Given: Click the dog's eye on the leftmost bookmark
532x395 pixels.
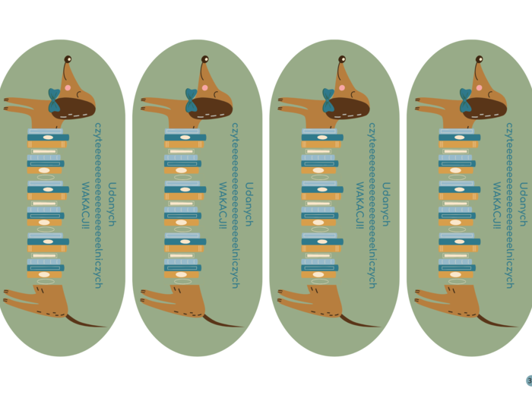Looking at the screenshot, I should (68, 58).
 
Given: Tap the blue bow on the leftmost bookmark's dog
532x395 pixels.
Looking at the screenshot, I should (54, 100).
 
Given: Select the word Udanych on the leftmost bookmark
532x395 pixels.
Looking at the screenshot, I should (111, 204).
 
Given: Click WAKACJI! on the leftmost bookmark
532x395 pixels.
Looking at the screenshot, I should (85, 205).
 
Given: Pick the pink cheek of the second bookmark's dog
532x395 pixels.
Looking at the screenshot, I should (204, 88).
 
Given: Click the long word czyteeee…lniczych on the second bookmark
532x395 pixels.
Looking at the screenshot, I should (235, 205).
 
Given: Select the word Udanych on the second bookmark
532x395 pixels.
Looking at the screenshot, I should (248, 204).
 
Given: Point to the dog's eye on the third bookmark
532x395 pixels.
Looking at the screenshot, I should (342, 58).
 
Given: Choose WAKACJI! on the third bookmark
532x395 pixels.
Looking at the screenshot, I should (359, 205).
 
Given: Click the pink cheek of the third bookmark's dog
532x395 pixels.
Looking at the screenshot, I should (342, 88).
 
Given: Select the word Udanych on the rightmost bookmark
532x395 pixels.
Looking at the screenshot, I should (522, 204).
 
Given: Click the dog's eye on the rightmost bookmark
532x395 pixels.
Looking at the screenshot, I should (479, 58).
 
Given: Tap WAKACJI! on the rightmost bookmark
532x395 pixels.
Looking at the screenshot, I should (496, 205).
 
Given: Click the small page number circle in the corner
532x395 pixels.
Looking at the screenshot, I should (529, 381).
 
